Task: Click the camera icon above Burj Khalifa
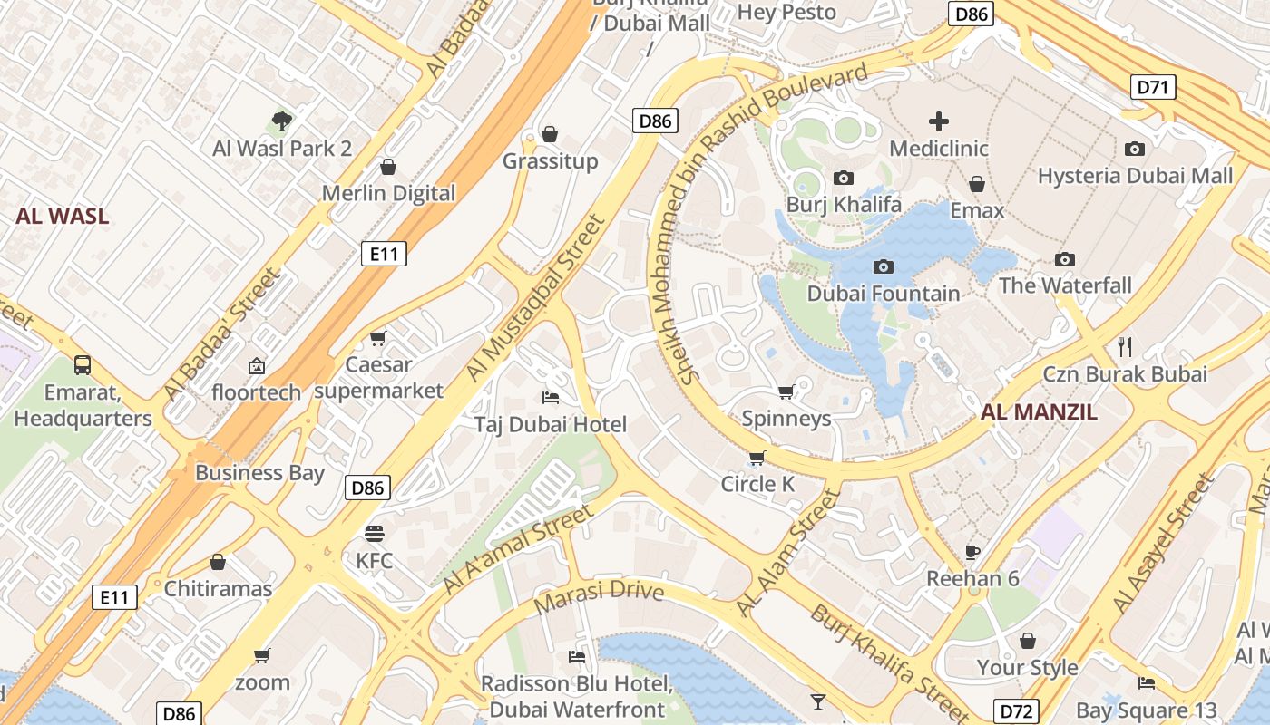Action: [x=844, y=178]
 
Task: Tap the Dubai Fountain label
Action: [x=883, y=294]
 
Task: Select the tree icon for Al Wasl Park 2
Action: [x=282, y=121]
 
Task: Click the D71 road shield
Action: [x=1154, y=87]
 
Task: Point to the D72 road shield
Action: [x=1016, y=711]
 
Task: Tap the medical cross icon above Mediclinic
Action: [x=939, y=121]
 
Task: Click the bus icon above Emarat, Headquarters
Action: [x=83, y=365]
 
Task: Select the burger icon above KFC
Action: [x=375, y=533]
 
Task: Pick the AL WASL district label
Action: [x=62, y=216]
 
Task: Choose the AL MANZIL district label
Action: [x=1039, y=412]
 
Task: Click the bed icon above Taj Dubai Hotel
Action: [x=551, y=397]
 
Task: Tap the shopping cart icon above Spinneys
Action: [x=786, y=391]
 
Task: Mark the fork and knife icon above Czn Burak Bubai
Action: [x=1126, y=346]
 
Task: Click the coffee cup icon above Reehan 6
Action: [x=972, y=551]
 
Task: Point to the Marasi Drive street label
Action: [x=599, y=597]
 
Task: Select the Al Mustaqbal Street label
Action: [x=534, y=298]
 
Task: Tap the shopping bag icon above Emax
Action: [x=977, y=184]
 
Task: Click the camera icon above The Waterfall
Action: [x=1065, y=259]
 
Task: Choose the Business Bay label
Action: [x=259, y=472]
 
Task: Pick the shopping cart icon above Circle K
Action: [x=757, y=457]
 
